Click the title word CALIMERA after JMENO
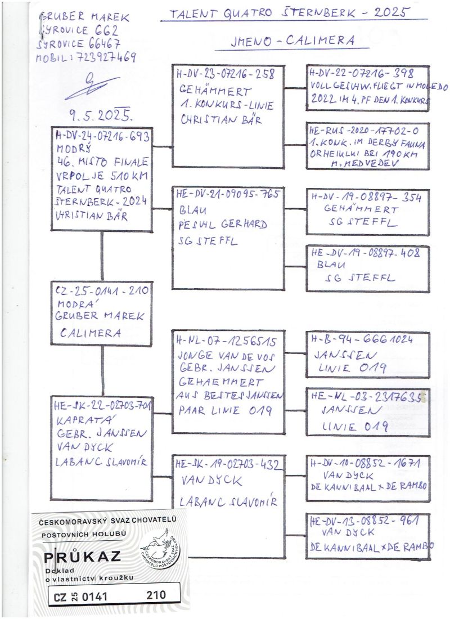coord(324,41)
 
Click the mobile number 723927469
coord(104,57)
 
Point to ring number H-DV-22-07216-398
coord(362,74)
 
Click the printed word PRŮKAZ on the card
coord(83,557)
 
